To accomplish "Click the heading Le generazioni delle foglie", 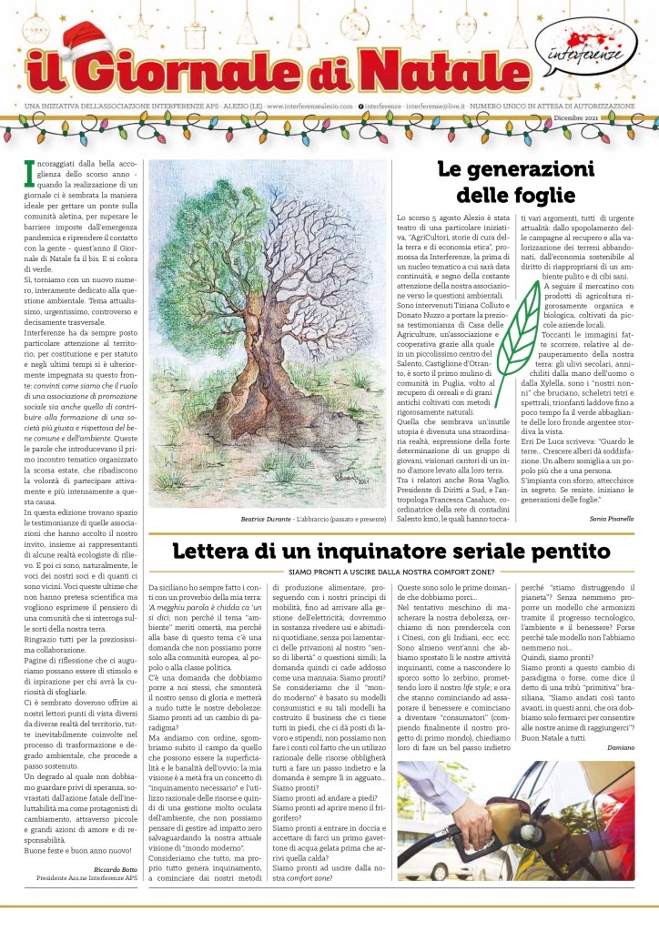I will coord(515,182).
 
